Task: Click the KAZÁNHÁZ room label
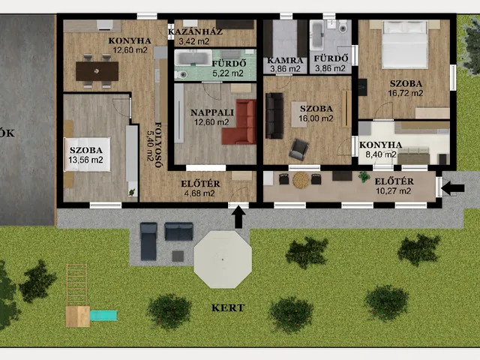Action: [x=195, y=31]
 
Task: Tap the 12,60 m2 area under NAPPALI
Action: [x=211, y=122]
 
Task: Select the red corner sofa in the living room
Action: [x=239, y=121]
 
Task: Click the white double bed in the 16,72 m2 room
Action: [x=405, y=44]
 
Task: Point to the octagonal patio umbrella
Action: [x=223, y=259]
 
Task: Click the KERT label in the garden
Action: [x=228, y=307]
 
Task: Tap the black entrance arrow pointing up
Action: [x=240, y=217]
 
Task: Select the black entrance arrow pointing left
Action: [x=453, y=188]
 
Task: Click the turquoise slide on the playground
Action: [x=103, y=316]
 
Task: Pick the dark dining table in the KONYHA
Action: [x=97, y=71]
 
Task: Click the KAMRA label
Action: [x=285, y=60]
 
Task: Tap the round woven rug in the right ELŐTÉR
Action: [x=301, y=180]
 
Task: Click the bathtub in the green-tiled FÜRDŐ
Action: [x=193, y=58]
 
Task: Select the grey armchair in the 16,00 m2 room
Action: [x=298, y=149]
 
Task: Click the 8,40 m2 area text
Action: [x=381, y=154]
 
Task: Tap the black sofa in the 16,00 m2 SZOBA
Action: [x=274, y=115]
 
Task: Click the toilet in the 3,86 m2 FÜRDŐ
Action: [x=343, y=27]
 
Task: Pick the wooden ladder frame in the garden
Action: [x=76, y=285]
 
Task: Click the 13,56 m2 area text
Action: [x=85, y=160]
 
